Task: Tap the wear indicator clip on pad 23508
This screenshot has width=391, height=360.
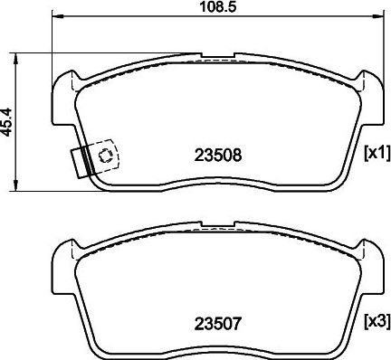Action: click(x=92, y=160)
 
